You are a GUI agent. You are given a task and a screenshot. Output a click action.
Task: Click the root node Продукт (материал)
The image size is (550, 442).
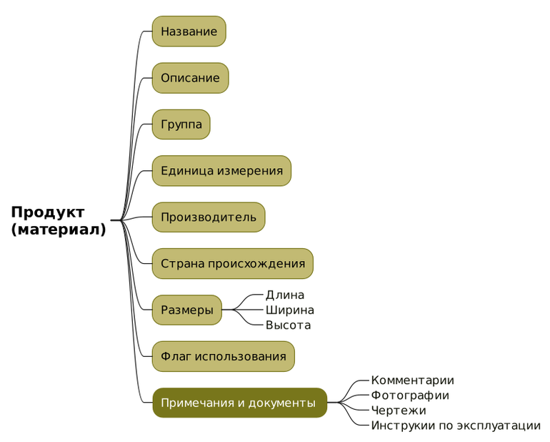coord(59,220)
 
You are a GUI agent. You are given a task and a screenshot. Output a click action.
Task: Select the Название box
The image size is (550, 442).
coord(189,31)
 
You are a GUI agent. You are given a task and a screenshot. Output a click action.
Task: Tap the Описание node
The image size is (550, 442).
coord(190,78)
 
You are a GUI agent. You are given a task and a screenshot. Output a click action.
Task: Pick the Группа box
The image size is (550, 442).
coord(181,124)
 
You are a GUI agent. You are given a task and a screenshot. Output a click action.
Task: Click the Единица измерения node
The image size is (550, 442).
coord(221,171)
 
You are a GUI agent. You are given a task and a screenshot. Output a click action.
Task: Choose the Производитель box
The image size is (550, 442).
coord(208,217)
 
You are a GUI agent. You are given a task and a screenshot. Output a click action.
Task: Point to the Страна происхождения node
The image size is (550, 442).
coord(232,264)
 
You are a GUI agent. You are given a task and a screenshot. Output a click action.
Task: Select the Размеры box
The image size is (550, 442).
coord(186,310)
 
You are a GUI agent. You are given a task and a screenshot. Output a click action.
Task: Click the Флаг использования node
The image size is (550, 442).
coord(223,357)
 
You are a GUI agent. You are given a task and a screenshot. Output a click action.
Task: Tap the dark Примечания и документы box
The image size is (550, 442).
coord(239,403)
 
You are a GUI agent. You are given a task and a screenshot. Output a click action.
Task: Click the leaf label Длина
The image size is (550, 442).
coord(285,295)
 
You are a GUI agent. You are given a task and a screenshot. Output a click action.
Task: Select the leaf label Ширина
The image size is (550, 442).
coord(290,310)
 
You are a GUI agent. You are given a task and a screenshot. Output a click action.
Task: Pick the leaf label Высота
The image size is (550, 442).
coord(289,325)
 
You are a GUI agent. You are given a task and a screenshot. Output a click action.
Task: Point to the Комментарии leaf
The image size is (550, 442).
coord(412,380)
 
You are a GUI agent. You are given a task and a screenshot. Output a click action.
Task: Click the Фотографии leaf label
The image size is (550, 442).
coord(410,396)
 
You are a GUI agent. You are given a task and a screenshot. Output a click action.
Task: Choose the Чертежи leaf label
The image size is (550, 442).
coord(399,411)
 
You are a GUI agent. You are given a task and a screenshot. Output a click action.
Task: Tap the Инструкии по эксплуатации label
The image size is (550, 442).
coord(456,426)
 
